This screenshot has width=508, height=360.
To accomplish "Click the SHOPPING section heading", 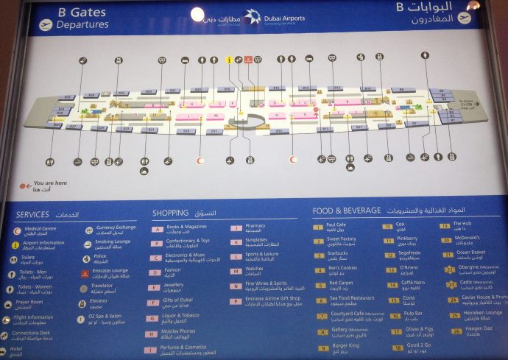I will [x=171, y=213].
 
